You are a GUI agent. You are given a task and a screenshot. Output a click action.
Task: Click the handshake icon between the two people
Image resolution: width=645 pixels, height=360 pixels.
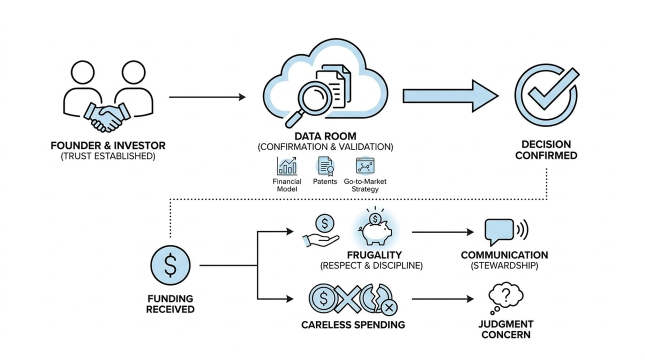tap(106, 116)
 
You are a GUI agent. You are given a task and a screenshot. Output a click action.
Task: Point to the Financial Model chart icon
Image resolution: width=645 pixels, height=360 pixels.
tap(287, 166)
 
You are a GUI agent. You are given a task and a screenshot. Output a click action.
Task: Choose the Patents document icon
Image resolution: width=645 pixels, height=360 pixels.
tap(325, 166)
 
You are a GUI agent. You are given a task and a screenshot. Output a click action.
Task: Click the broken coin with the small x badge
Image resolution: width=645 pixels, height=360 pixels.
tap(379, 298)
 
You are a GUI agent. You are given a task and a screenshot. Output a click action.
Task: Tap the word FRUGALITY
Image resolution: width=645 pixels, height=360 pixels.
tap(371, 254)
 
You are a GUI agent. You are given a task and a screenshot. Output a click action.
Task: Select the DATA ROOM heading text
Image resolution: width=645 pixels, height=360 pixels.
tap(325, 136)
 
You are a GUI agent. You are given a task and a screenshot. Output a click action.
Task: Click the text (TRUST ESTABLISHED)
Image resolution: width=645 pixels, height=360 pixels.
tap(108, 156)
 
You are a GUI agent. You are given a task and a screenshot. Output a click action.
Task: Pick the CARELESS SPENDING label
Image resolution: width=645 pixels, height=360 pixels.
tap(353, 325)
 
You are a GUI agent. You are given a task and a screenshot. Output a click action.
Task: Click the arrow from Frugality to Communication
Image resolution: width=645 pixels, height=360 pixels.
tap(442, 232)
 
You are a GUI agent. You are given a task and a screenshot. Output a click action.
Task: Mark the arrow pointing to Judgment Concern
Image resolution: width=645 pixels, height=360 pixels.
tap(442, 299)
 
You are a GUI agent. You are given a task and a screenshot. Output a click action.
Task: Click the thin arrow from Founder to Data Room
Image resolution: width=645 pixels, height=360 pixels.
tap(207, 96)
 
